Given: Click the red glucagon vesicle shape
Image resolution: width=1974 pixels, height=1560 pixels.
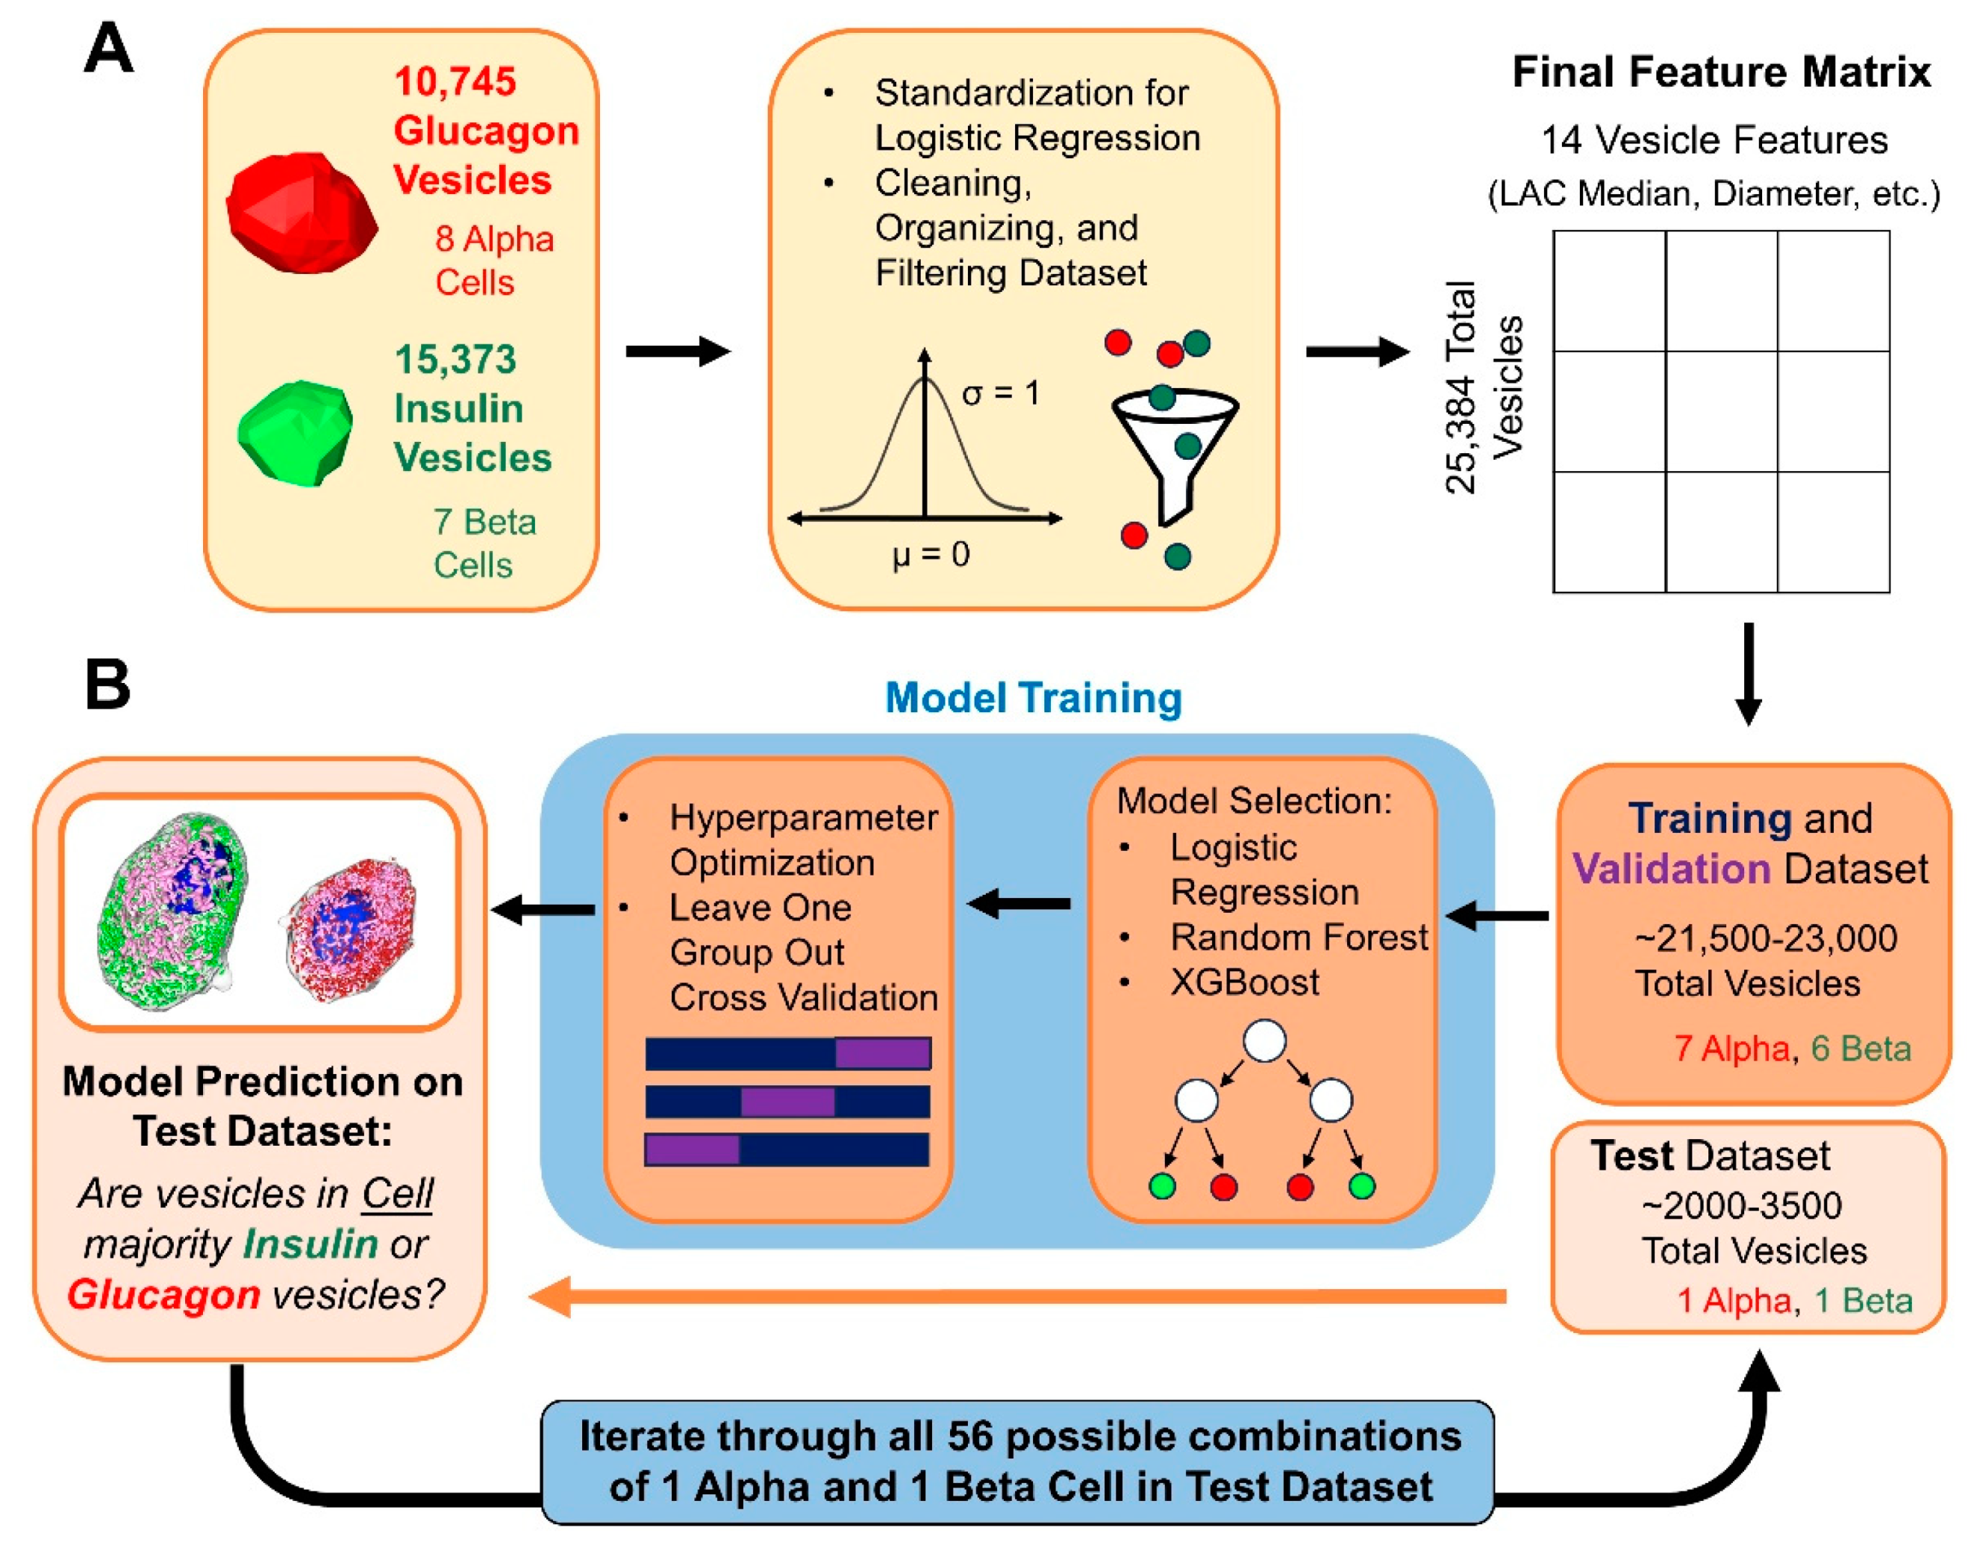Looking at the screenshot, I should pos(302,213).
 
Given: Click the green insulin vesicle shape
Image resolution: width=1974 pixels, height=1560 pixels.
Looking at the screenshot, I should pos(295,432).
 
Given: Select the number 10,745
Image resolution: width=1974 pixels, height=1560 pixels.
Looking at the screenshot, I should pos(455,82).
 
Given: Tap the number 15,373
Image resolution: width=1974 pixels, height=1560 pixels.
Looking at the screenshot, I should pos(455,360).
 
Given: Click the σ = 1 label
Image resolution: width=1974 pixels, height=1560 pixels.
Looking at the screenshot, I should pos(1001,393).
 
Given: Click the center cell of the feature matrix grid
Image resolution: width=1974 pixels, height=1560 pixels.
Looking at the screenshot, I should pos(1720,411).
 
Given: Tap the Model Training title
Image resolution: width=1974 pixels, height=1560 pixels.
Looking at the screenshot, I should pos(1033,698).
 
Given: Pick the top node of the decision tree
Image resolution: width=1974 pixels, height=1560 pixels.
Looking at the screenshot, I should pos(1264,1041).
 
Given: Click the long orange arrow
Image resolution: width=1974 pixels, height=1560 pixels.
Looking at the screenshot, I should pos(1018,1296).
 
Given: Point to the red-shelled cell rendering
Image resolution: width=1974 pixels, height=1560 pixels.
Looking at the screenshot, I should pos(352,930).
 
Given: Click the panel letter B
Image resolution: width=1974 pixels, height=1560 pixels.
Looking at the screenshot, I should pos(107,685).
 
